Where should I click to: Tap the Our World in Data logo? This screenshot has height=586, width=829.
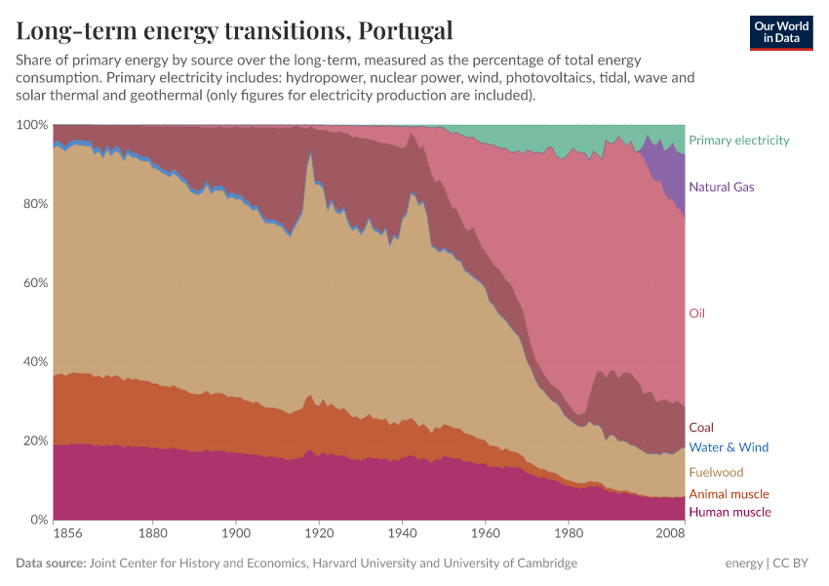[x=780, y=32]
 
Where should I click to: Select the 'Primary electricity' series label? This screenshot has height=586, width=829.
[x=738, y=141]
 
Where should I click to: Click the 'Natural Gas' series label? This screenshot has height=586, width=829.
[x=721, y=187]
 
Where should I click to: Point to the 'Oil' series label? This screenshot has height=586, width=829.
[x=696, y=314]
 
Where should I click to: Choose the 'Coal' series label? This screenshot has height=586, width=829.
[x=700, y=428]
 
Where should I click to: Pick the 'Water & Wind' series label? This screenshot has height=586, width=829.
[x=728, y=447]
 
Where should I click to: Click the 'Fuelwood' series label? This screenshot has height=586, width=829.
[x=716, y=473]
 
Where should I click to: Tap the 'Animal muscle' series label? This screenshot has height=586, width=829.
[x=729, y=494]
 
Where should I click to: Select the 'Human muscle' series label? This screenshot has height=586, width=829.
[x=730, y=512]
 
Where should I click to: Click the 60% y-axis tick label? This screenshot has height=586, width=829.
[x=35, y=283]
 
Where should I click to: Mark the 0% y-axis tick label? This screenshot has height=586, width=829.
[x=39, y=520]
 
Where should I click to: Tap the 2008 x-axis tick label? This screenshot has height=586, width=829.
[x=670, y=535]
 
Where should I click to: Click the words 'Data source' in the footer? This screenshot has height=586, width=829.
[x=50, y=564]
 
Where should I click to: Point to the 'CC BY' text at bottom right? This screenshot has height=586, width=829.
[x=793, y=564]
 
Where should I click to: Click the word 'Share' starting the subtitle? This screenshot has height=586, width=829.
[x=34, y=61]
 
